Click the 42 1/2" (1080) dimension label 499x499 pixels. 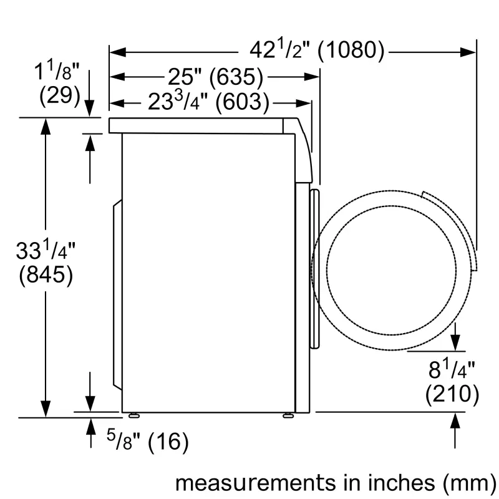click(x=317, y=51)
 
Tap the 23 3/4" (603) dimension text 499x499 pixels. click(x=208, y=101)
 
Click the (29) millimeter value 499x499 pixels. click(x=60, y=95)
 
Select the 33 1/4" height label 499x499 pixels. click(x=45, y=251)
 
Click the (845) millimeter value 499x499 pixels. click(x=46, y=275)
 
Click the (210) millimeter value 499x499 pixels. click(x=452, y=394)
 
